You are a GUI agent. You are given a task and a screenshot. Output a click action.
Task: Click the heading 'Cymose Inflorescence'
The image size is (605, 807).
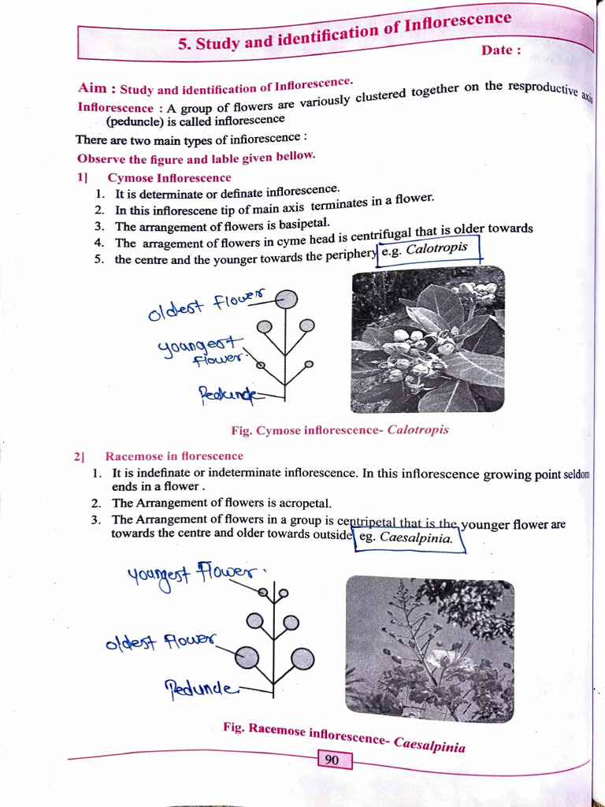click(x=169, y=178)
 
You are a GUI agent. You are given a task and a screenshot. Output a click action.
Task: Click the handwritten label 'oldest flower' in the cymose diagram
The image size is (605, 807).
click(x=206, y=305)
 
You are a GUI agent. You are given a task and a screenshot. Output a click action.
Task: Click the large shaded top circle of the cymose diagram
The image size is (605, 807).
click(x=288, y=299)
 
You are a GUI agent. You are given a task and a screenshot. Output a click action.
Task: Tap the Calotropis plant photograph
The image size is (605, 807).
click(x=428, y=340)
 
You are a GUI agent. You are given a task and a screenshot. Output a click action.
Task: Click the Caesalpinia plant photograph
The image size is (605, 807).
click(x=430, y=648)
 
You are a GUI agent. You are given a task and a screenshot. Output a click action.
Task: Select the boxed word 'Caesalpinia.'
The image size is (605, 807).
click(x=416, y=538)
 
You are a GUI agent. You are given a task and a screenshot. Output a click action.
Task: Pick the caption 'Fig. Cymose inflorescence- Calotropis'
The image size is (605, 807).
click(x=340, y=430)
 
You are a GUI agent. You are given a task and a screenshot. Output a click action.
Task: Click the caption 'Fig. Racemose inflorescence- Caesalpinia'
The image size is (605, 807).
click(x=343, y=736)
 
